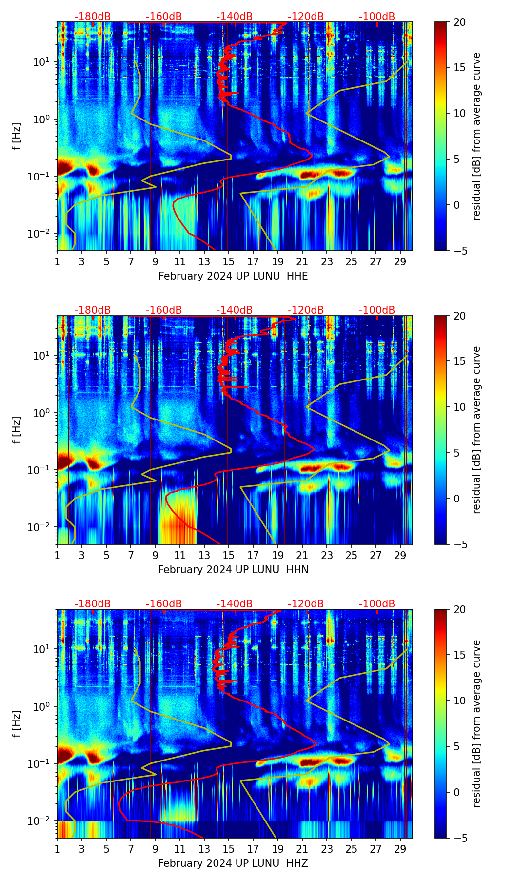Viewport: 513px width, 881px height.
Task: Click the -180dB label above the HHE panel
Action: pyautogui.click(x=93, y=17)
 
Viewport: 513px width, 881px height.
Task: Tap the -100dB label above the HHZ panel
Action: pyautogui.click(x=377, y=604)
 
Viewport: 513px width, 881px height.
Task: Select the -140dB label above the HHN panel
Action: pyautogui.click(x=235, y=310)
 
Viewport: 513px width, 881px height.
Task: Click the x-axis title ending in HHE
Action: pyautogui.click(x=233, y=276)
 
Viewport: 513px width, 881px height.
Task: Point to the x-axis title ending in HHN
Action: pyautogui.click(x=233, y=570)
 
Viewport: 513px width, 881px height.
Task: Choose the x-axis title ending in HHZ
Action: pyautogui.click(x=233, y=863)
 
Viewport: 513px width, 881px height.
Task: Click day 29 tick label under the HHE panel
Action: pyautogui.click(x=400, y=262)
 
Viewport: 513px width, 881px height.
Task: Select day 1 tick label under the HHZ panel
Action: pyautogui.click(x=58, y=849)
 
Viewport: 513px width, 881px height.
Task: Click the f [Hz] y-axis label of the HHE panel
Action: pyautogui.click(x=17, y=137)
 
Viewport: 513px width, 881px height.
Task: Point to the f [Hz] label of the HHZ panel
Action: pyautogui.click(x=17, y=724)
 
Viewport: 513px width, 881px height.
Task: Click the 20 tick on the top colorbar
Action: pyautogui.click(x=459, y=22)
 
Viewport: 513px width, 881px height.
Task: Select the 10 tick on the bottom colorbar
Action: pyautogui.click(x=459, y=701)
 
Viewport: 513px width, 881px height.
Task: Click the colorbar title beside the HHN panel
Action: pyautogui.click(x=476, y=430)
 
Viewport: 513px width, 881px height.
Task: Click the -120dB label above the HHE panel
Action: pyautogui.click(x=306, y=17)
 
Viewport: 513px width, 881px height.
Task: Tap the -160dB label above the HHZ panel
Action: pyautogui.click(x=164, y=604)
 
